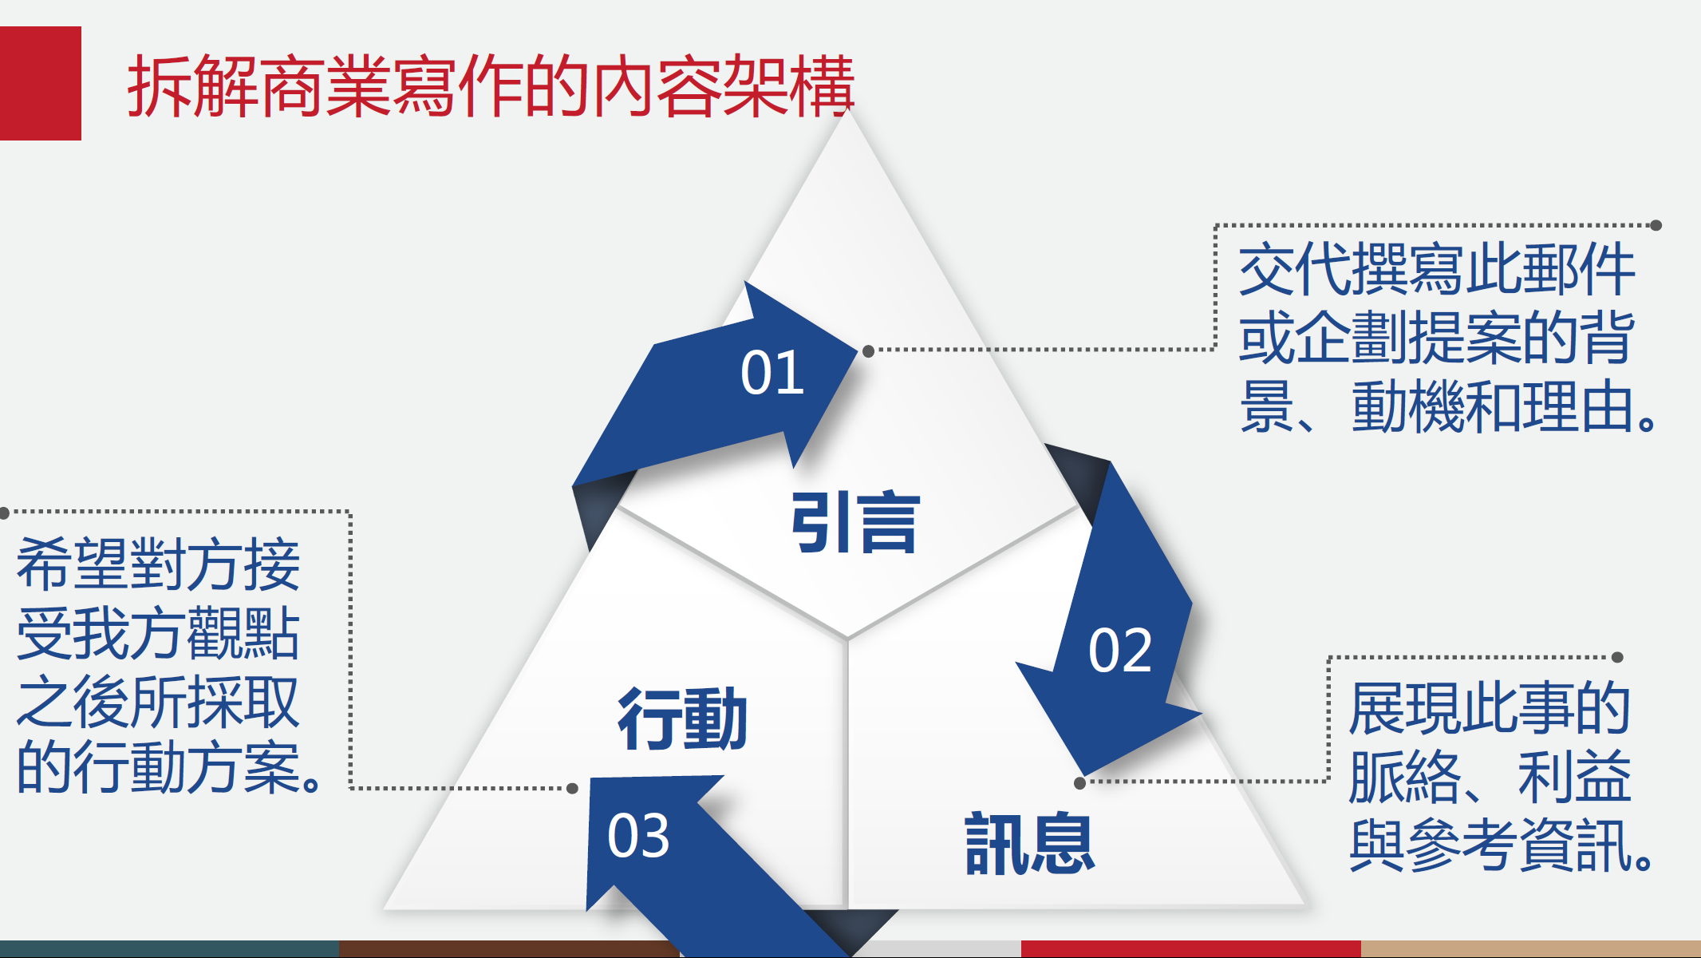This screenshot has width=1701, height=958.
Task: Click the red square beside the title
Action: pos(41,83)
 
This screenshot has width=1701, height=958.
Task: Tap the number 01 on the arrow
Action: pos(772,373)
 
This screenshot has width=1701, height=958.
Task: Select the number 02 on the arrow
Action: pos(1120,650)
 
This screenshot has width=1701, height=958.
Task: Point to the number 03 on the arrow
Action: pos(638,836)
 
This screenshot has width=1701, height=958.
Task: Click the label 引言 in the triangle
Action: pos(855,522)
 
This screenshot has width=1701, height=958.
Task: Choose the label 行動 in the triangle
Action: pos(683,718)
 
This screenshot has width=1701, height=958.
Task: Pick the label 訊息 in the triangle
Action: pos(1030,843)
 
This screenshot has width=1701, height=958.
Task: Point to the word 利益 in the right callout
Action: pos(1574,777)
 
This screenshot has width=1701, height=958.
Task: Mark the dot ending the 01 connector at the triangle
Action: pos(869,350)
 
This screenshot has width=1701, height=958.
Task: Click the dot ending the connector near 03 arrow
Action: pos(572,789)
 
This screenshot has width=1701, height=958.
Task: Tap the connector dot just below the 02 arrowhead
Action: pos(1079,783)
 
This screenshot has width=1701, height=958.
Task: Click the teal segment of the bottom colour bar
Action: pos(169,949)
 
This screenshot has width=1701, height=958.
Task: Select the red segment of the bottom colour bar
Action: pos(1190,949)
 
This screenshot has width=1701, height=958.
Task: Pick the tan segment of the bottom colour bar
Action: pos(1530,949)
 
